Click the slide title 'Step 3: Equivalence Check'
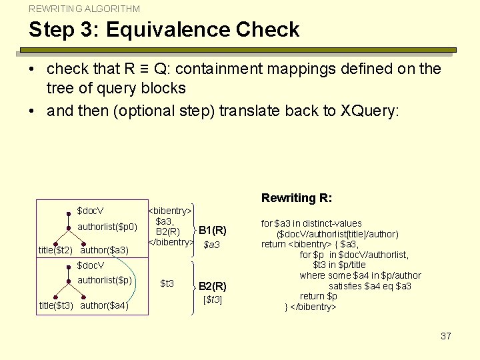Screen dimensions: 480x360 tap(164, 30)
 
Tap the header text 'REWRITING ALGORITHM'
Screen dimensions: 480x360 tap(84, 9)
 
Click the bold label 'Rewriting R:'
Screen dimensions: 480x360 tap(297, 198)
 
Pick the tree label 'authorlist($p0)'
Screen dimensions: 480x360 tap(107, 227)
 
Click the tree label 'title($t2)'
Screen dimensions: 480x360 tap(55, 251)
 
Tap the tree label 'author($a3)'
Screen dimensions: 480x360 tap(104, 251)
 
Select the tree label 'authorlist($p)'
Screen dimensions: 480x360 tap(105, 280)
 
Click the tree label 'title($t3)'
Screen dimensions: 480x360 tap(55, 306)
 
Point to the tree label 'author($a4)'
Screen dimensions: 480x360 tap(104, 306)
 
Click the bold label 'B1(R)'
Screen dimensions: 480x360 tap(213, 231)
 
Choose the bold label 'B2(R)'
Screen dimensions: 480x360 tap(213, 286)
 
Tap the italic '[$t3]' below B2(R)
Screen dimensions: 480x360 tap(212, 299)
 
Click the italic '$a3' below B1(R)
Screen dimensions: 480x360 tap(212, 245)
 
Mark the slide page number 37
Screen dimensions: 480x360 tap(446, 336)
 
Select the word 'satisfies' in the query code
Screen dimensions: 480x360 tap(348, 286)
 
